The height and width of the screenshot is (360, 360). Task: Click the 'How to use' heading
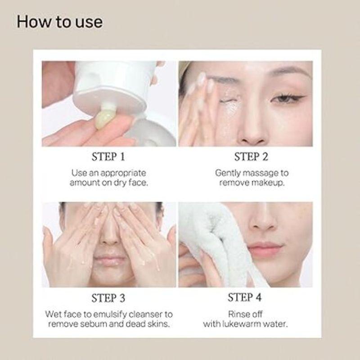[x=59, y=22]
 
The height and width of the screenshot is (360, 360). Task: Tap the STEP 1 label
[x=108, y=157]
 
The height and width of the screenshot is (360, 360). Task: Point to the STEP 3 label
[x=108, y=298]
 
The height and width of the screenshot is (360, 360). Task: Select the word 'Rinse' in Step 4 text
[x=239, y=314]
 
